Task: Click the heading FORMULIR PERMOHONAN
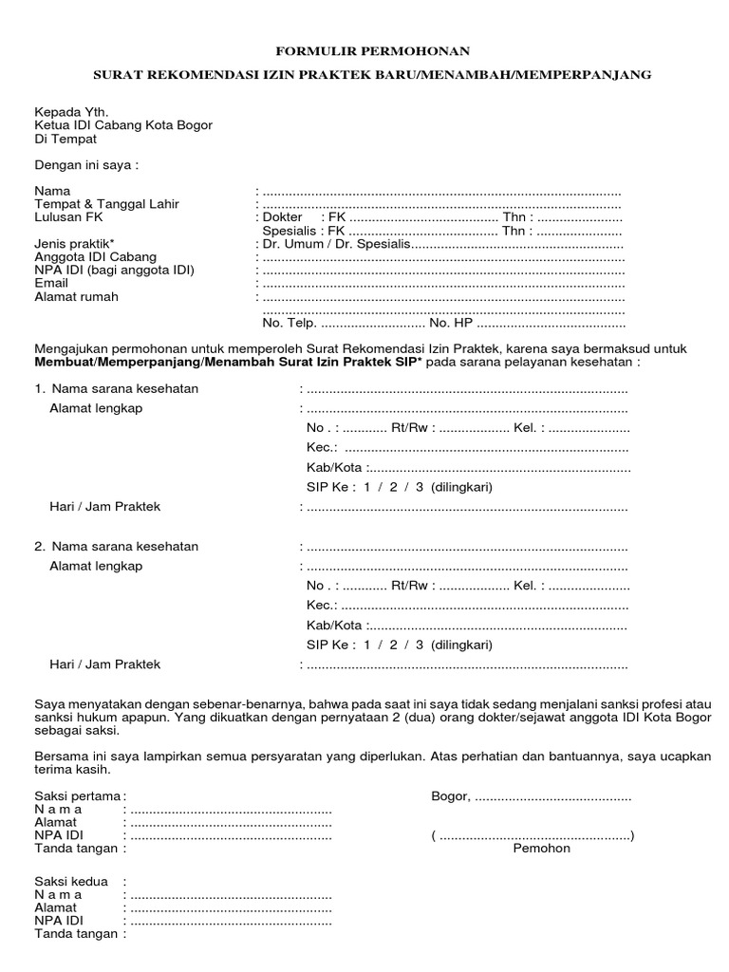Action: click(372, 51)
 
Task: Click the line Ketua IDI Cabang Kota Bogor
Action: click(123, 124)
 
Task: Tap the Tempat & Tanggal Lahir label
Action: click(106, 204)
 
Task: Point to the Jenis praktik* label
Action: click(75, 244)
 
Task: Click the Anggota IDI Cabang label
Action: click(96, 257)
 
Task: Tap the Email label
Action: click(51, 283)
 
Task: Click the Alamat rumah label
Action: click(77, 296)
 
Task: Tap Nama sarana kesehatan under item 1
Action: click(124, 388)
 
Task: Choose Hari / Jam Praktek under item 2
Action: click(104, 664)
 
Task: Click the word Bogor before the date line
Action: click(450, 795)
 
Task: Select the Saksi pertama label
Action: click(78, 795)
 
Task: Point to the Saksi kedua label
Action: click(71, 881)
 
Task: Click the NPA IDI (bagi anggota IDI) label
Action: click(114, 271)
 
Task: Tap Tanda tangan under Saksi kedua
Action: click(76, 934)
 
